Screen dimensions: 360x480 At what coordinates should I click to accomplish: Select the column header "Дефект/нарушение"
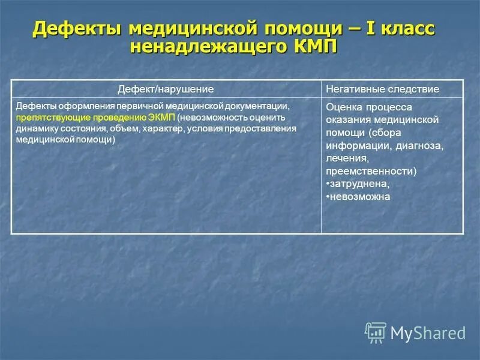(166, 89)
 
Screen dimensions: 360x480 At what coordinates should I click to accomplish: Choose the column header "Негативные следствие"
(382, 89)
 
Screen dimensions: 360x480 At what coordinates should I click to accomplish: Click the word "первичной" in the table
(121, 106)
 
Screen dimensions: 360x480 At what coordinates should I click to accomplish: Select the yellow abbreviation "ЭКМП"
(161, 117)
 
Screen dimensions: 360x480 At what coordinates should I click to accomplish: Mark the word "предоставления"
(266, 128)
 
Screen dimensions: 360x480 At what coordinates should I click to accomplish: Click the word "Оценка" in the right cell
(343, 107)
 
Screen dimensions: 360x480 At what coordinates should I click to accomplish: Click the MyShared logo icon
(376, 332)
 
